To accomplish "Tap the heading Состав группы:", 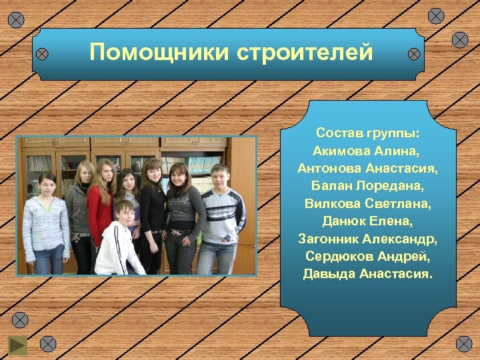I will pos(367,133).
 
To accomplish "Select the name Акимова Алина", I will pos(367,151).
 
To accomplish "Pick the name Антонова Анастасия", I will pos(367,168).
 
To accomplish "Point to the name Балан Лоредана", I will pos(367,185).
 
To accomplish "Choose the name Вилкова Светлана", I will pos(367,203).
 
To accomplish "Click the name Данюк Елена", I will pos(367,220).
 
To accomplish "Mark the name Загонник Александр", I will pos(367,238).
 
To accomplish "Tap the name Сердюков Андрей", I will pos(367,255).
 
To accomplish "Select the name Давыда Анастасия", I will pos(367,273).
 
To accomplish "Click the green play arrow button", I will pos(17,346).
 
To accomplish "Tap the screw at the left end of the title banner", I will pos(41,53).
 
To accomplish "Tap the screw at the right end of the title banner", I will pos(414,53).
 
